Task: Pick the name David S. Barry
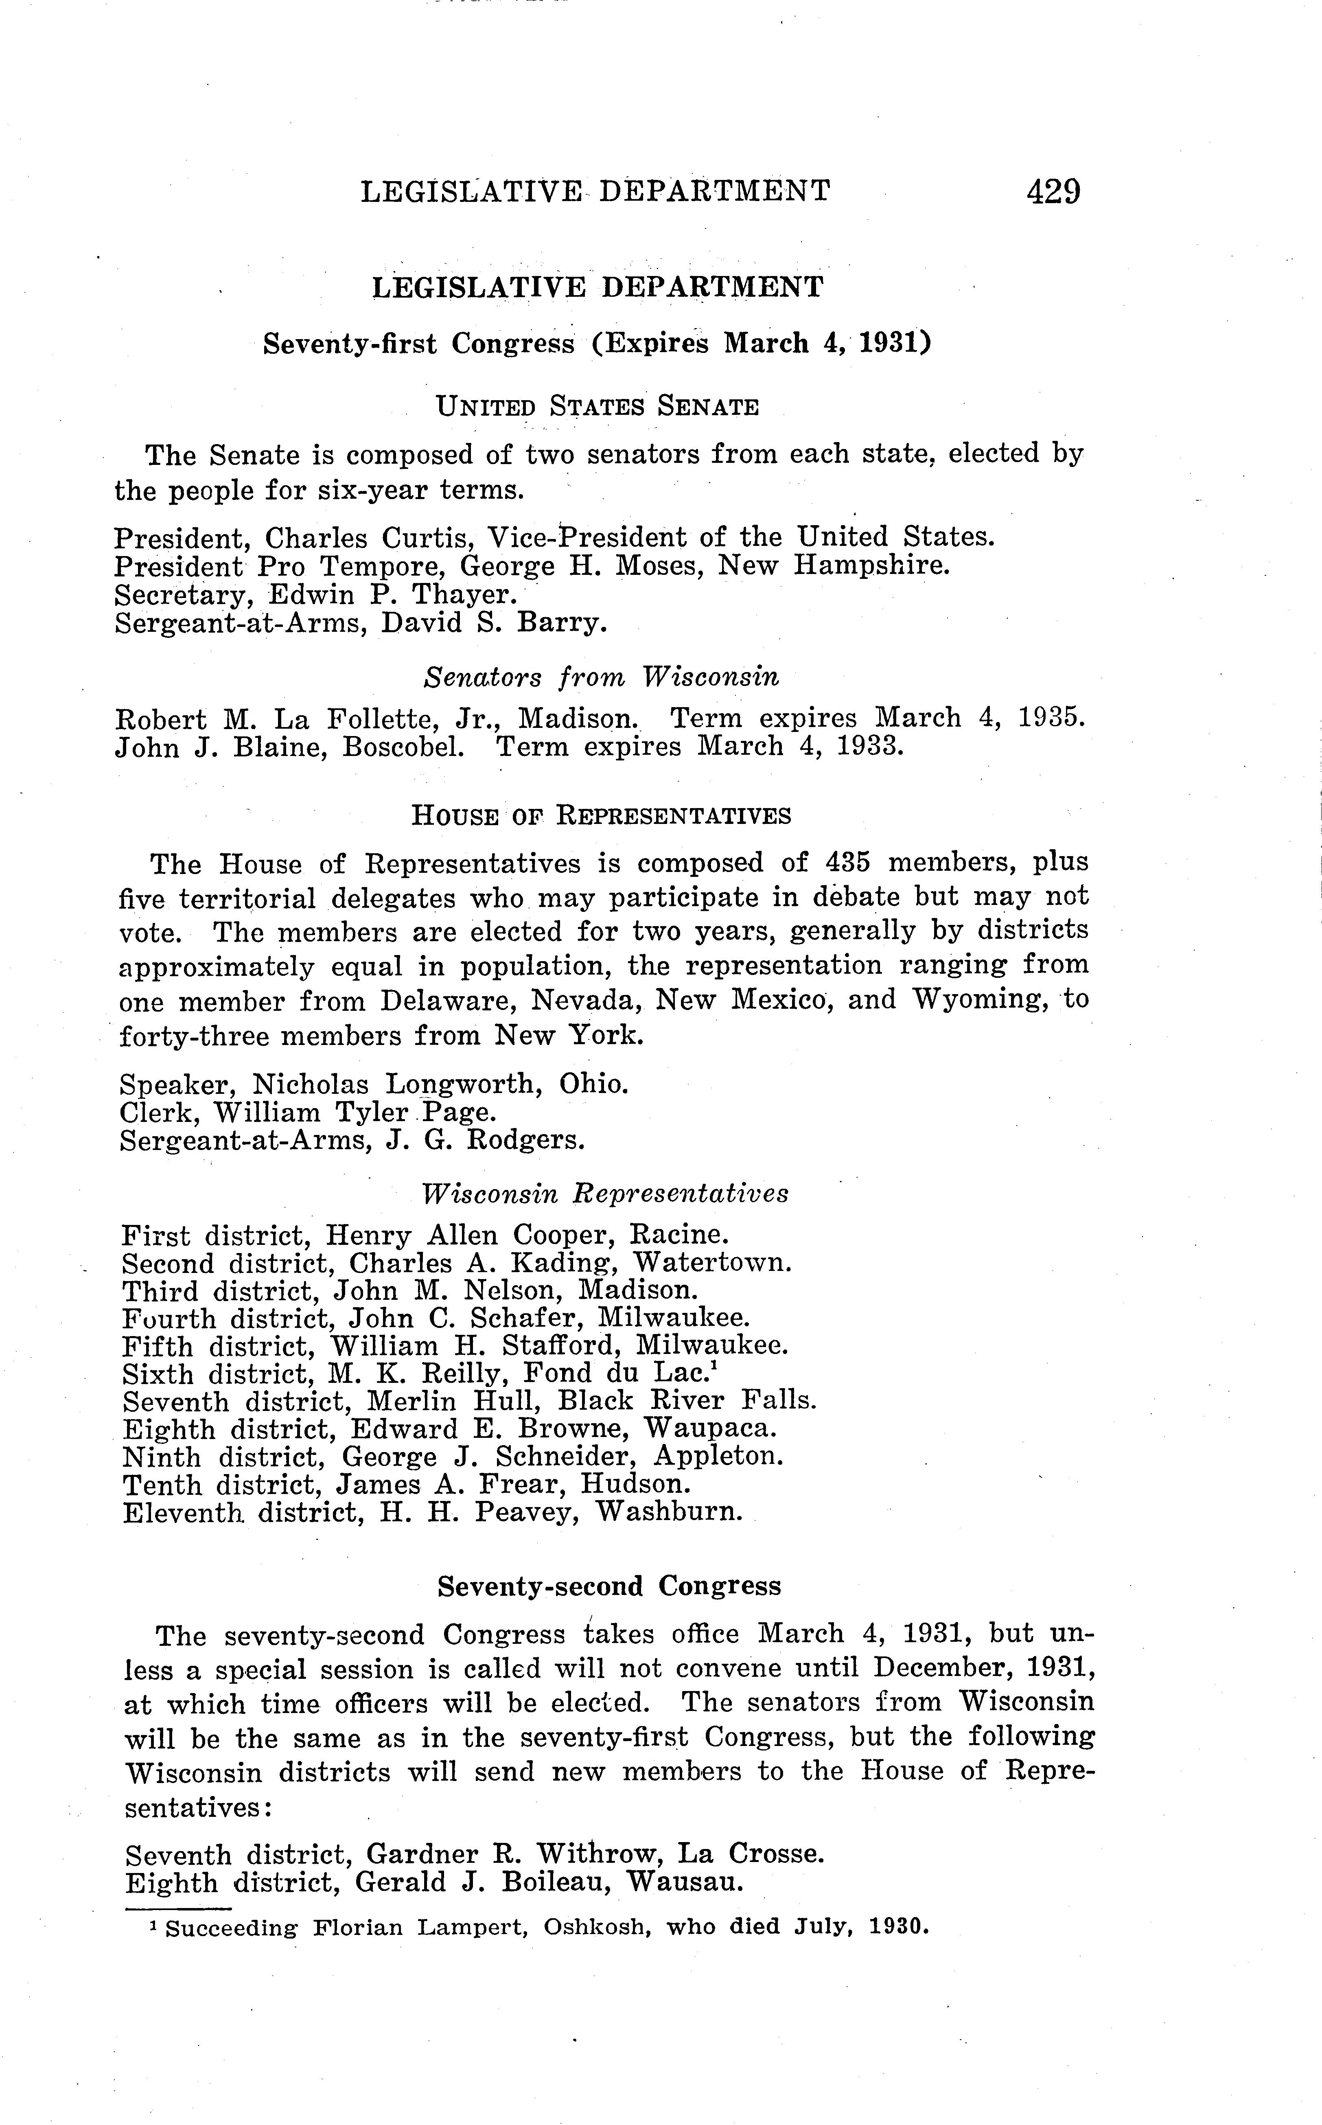click(492, 624)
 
